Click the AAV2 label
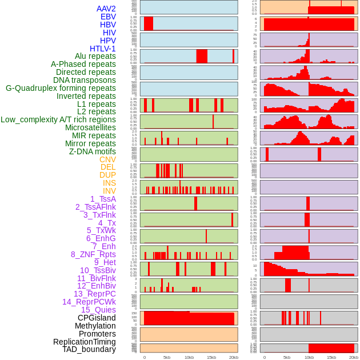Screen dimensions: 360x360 click(106, 9)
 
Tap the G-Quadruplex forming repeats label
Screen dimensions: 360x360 click(61, 88)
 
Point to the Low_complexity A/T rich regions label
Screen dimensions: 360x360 click(58, 119)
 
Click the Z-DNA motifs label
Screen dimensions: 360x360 click(92, 151)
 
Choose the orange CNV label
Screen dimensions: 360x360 click(107, 159)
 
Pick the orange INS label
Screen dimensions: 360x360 click(109, 183)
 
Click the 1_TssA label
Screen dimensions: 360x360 click(103, 199)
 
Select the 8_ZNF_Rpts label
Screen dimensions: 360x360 click(93, 254)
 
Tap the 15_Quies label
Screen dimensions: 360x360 click(98, 310)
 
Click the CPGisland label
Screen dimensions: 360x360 click(97, 318)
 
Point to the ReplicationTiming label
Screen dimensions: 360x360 click(85, 342)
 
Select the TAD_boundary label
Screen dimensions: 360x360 click(89, 349)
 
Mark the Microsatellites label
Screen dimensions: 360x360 click(90, 127)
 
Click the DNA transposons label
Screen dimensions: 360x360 click(85, 80)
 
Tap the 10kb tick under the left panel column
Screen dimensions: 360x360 click(189, 357)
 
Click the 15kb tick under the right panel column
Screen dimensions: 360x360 click(331, 357)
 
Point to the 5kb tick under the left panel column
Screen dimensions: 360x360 click(167, 357)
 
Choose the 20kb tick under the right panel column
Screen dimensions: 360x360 click(353, 357)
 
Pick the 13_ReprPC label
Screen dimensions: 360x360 click(94, 294)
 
